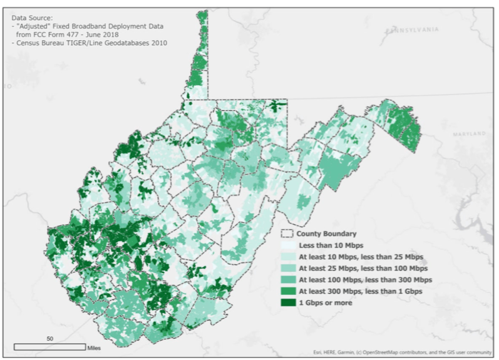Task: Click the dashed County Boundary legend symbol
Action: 288,234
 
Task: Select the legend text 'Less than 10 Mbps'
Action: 326,245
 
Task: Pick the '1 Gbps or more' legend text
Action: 325,302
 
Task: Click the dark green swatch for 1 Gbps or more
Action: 288,302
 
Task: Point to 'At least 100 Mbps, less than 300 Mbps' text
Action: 365,279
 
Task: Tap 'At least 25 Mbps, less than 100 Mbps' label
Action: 363,268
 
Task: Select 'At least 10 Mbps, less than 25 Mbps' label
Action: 360,257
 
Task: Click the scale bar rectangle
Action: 49,346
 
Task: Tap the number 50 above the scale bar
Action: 49,338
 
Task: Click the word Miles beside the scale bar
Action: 95,347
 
